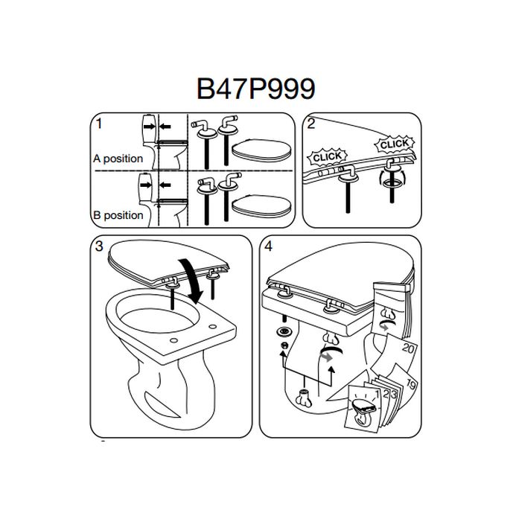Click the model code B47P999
point(255,88)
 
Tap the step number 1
point(98,124)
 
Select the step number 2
point(311,124)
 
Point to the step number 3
point(99,246)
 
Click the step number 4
point(267,246)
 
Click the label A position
point(118,159)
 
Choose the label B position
point(118,215)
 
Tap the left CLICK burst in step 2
point(327,157)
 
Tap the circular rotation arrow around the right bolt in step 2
point(393,179)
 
